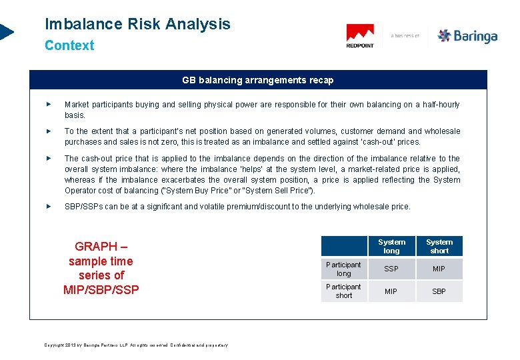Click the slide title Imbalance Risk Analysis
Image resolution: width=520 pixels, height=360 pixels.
click(137, 25)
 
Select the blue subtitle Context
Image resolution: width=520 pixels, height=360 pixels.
click(69, 46)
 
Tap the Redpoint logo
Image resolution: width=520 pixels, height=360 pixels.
click(360, 36)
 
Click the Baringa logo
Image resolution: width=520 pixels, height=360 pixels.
click(467, 36)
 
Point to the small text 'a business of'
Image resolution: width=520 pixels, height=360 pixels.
click(405, 36)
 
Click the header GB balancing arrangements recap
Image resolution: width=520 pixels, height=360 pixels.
click(257, 80)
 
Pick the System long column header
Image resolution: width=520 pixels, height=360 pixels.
click(391, 247)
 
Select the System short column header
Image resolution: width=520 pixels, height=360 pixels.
click(439, 247)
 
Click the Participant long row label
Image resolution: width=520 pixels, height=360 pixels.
click(343, 269)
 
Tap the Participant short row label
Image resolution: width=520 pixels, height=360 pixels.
click(343, 291)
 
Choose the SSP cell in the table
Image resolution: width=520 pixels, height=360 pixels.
click(391, 269)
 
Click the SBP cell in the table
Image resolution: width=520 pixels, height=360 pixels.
click(439, 291)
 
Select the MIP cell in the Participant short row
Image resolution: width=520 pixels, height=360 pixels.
click(391, 291)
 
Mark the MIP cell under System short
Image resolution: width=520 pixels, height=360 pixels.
click(439, 269)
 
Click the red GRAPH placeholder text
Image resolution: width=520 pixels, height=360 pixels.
click(101, 268)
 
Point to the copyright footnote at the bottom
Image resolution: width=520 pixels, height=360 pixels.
click(136, 345)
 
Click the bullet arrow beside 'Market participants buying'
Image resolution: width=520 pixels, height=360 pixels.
click(47, 105)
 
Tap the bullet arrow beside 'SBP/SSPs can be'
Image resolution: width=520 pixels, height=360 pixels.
click(47, 207)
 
